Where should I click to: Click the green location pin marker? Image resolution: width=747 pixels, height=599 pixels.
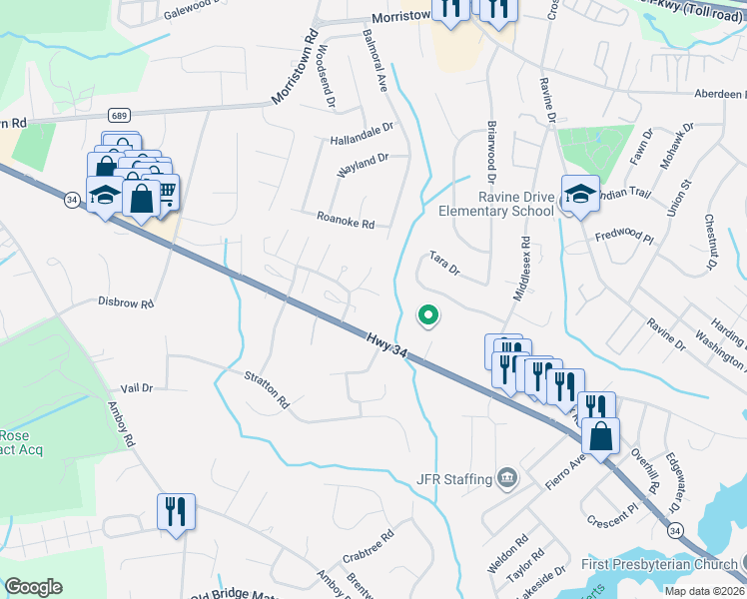point(428,315)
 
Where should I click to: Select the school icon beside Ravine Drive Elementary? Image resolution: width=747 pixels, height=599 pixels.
point(579,195)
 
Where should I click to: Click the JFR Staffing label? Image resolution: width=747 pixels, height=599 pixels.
point(454,479)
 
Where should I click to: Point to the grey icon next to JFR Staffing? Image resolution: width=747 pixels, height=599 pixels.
point(508,479)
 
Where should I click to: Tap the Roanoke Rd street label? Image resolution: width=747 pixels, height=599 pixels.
point(345,220)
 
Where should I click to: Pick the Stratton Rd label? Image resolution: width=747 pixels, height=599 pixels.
point(267,389)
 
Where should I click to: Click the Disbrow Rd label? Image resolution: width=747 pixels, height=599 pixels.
point(126,302)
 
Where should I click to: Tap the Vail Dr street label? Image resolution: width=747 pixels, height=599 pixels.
point(136,387)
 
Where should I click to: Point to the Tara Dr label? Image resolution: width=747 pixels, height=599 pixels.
point(444,263)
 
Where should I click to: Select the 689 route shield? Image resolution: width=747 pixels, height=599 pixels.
point(120,116)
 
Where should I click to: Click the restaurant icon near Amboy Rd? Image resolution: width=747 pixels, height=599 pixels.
point(176,512)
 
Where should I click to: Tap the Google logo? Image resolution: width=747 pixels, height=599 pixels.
point(34,586)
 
